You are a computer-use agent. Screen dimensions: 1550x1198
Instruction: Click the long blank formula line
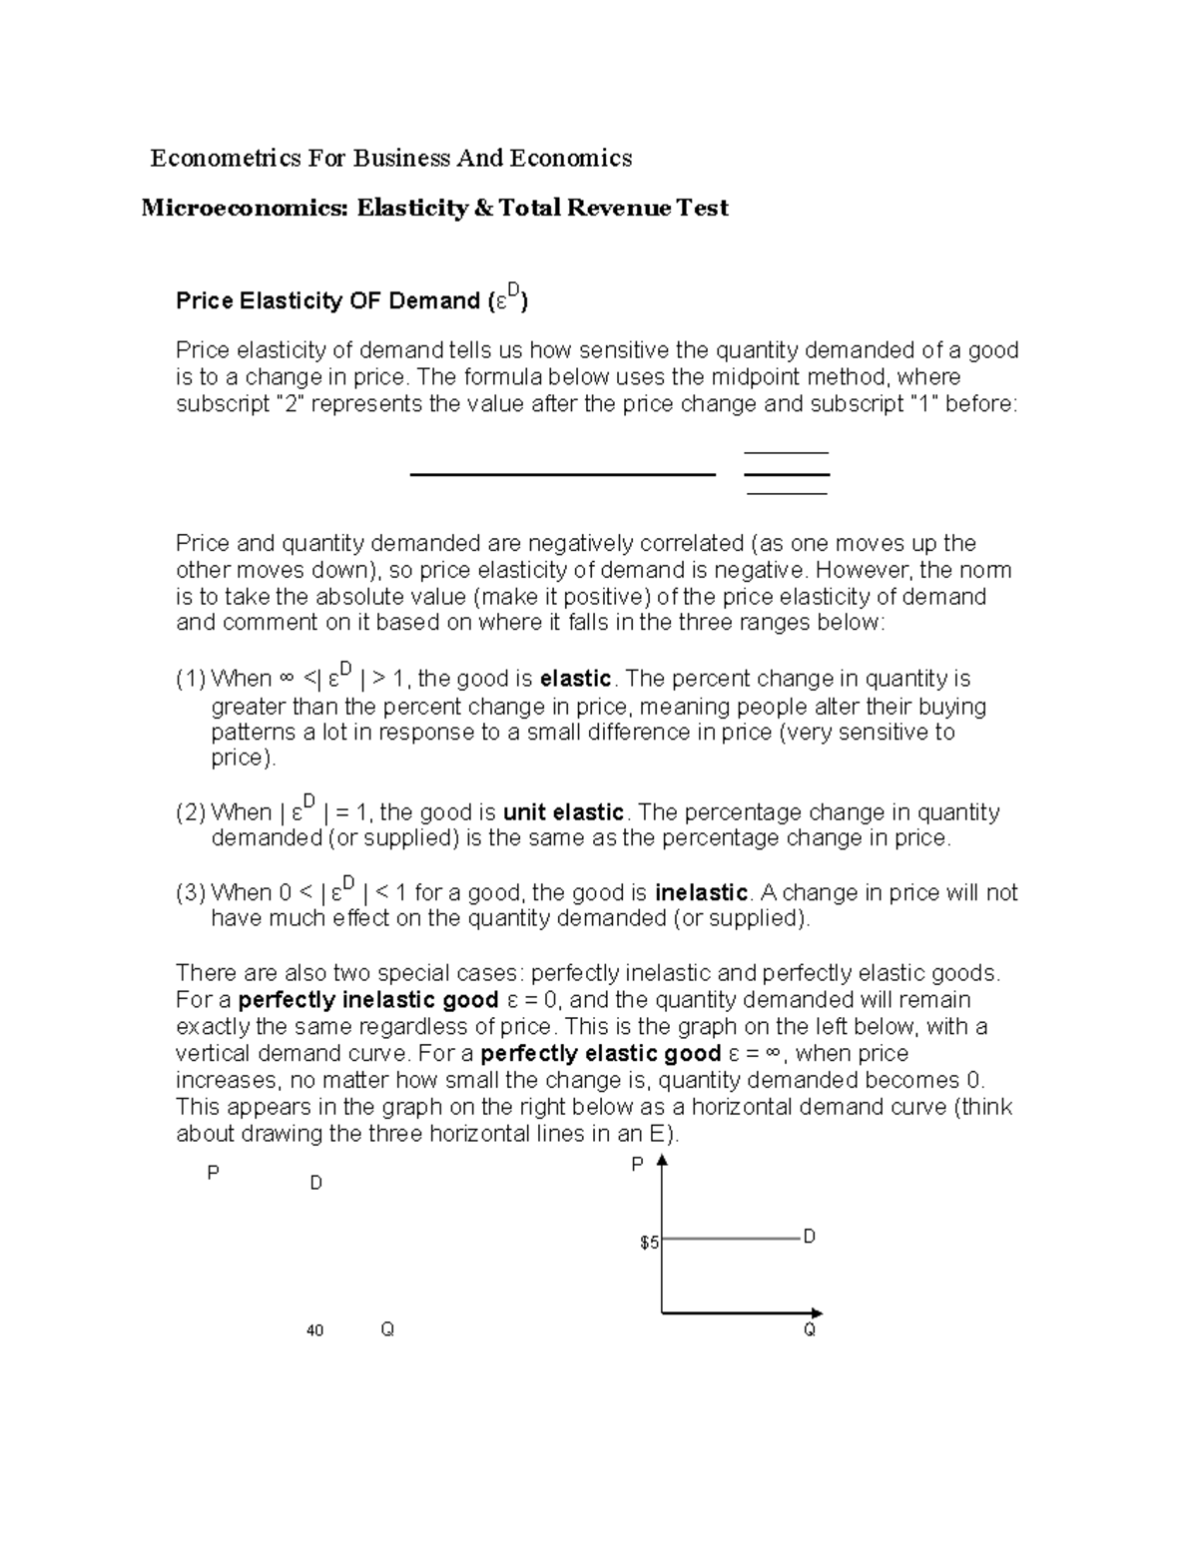coord(563,475)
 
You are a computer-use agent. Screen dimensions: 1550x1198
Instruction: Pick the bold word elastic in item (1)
coord(575,679)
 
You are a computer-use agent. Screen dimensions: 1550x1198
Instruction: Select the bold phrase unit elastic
coord(563,811)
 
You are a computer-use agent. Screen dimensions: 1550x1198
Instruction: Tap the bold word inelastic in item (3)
coord(701,892)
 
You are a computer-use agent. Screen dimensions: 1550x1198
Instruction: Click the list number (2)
coord(191,812)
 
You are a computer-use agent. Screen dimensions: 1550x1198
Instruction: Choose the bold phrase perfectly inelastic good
coord(368,1000)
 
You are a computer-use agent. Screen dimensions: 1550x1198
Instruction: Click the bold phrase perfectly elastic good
coord(601,1054)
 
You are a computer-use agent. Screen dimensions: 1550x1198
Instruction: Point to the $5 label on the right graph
coord(649,1243)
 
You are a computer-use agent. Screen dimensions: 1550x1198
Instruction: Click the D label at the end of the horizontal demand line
coord(810,1237)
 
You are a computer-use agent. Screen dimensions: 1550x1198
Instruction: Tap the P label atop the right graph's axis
coord(637,1164)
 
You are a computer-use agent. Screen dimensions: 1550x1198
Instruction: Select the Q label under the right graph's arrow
coord(810,1329)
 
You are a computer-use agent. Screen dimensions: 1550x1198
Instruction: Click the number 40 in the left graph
coord(315,1330)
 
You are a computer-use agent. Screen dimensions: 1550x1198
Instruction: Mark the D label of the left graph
coord(316,1184)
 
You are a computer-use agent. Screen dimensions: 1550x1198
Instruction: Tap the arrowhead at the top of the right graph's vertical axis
coord(662,1161)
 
